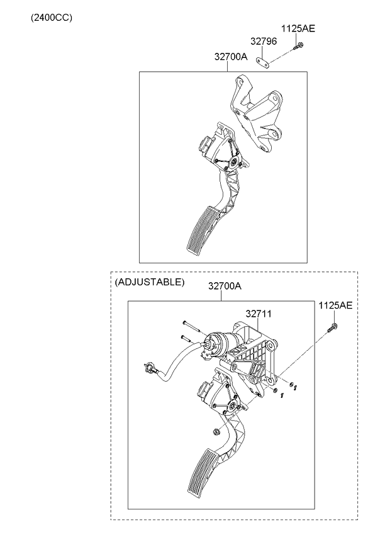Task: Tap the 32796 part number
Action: click(264, 42)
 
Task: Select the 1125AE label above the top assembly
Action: click(298, 29)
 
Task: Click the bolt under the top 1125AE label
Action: click(298, 46)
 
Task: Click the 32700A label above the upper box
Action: click(230, 57)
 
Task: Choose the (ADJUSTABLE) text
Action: click(150, 282)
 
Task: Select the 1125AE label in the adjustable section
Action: click(335, 305)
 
